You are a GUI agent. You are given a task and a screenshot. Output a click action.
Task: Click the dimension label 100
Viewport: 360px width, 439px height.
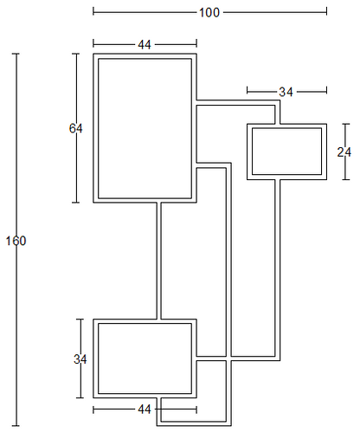(x=209, y=13)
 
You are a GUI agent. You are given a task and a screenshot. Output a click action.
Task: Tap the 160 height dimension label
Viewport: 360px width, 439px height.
(x=16, y=241)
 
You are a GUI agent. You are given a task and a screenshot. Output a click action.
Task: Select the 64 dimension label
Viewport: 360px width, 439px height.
(x=76, y=128)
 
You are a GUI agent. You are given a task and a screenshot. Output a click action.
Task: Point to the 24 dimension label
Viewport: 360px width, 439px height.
(x=344, y=152)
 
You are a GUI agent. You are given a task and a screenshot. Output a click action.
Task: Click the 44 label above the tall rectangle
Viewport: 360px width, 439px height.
(x=145, y=45)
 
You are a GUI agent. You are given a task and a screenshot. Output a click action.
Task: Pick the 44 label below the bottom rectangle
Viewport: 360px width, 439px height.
(x=145, y=410)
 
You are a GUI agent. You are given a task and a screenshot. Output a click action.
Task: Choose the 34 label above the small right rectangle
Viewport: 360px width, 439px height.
(x=286, y=92)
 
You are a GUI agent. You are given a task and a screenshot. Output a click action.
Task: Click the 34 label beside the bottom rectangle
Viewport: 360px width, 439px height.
(x=80, y=359)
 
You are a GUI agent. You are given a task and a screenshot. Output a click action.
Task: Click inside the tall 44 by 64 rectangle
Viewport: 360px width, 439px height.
(x=145, y=128)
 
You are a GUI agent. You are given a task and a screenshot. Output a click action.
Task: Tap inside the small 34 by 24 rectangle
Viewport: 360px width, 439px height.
(x=286, y=152)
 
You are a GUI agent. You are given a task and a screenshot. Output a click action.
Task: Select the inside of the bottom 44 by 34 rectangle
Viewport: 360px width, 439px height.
(x=145, y=358)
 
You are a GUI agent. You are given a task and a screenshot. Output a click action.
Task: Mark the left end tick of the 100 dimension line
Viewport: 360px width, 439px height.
(x=93, y=11)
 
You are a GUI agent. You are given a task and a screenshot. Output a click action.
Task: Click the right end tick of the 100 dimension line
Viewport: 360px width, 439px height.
(x=326, y=11)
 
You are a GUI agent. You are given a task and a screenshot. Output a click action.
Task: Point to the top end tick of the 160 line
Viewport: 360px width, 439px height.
(x=16, y=54)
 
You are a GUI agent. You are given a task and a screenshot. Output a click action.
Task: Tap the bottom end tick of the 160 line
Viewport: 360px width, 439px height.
(x=16, y=425)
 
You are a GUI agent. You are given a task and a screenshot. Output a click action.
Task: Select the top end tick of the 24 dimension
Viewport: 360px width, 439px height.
(x=346, y=124)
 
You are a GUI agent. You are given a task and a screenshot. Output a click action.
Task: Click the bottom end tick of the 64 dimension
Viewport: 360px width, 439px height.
(x=76, y=203)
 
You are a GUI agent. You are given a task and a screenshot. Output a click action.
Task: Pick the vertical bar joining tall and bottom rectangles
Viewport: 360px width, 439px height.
(x=159, y=261)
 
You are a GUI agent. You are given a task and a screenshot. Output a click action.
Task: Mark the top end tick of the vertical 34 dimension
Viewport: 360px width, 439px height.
(x=80, y=320)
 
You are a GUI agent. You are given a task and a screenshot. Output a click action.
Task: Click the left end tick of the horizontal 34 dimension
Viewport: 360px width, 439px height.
(x=247, y=90)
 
